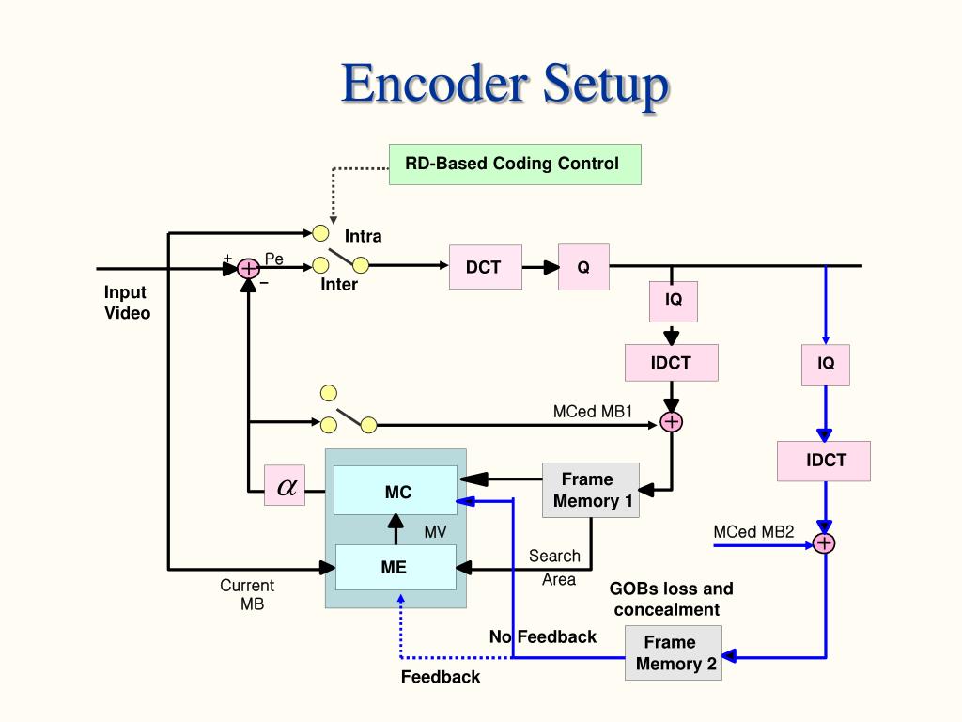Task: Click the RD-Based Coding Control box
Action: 515,165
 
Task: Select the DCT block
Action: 485,267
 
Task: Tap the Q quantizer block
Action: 583,267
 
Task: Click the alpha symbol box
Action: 285,485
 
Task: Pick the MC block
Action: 396,492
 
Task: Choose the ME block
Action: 395,567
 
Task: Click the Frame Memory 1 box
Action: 591,490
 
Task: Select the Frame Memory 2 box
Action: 674,653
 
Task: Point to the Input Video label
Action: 127,303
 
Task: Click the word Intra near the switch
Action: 364,236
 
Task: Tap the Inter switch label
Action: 339,285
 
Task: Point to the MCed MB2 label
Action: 753,532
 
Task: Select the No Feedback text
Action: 543,636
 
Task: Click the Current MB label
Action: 248,594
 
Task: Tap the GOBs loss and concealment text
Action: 670,599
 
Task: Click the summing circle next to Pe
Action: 248,269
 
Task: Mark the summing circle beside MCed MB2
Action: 825,543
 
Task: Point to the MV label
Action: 435,532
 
